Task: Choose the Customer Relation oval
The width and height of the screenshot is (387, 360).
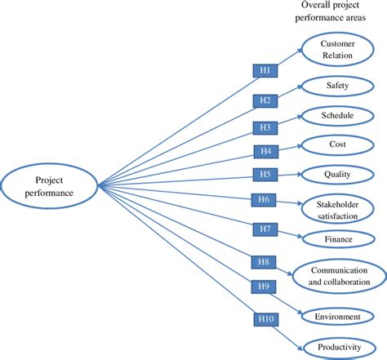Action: pos(336,49)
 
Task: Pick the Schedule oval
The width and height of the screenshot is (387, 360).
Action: pos(336,116)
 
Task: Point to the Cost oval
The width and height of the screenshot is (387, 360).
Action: pos(336,144)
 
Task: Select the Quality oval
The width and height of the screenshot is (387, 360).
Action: pos(336,173)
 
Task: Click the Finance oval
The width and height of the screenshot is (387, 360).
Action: pos(336,240)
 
